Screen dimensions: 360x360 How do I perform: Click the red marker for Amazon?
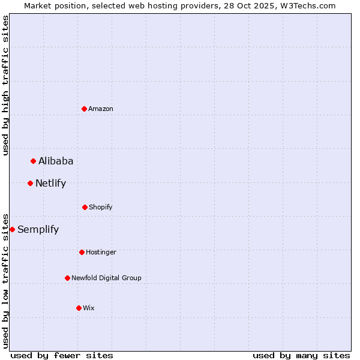pos(85,109)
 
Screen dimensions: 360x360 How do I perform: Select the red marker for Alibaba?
pos(34,161)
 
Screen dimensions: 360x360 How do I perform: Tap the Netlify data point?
pos(31,183)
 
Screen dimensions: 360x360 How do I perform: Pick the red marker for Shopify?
pos(85,207)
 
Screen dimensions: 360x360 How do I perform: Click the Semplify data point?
pos(13,229)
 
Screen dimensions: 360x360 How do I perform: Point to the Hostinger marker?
pos(82,252)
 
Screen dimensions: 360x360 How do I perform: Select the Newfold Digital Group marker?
pos(68,278)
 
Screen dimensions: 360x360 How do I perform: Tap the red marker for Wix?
pos(79,308)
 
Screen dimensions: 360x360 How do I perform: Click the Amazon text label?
pos(101,109)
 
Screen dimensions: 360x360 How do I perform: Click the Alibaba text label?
pos(56,161)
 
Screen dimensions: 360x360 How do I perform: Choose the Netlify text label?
pos(50,183)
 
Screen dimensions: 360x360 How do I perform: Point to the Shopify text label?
pos(101,207)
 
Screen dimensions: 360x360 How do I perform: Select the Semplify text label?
pos(38,229)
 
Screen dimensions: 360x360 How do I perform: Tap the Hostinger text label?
pos(101,252)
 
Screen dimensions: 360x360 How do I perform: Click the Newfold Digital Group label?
pos(106,278)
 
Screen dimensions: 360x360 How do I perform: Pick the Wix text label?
pos(89,308)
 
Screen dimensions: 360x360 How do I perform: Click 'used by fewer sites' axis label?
pos(62,355)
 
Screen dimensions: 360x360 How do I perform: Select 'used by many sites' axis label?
pos(301,355)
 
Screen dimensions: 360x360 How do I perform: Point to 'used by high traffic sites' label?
pos(5,85)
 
